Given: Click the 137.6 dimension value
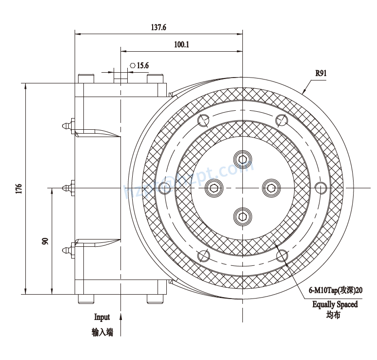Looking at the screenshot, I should (159, 28).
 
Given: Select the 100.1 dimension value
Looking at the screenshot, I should (181, 44).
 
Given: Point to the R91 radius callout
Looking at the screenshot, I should (320, 74).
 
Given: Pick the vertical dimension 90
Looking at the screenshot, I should (45, 241).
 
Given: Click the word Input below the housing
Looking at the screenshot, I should (102, 318).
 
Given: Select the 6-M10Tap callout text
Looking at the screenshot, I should (336, 290).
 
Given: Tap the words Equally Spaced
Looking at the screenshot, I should (335, 304).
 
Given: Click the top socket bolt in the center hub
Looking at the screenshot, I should (242, 159).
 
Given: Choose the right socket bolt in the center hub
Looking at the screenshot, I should (271, 187).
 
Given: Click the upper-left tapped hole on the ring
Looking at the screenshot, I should (204, 120).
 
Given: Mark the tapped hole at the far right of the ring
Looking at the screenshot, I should (320, 188).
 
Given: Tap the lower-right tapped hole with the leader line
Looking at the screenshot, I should (281, 255).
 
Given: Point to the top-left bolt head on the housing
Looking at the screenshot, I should (86, 79).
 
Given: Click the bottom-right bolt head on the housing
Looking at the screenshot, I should (156, 299).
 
